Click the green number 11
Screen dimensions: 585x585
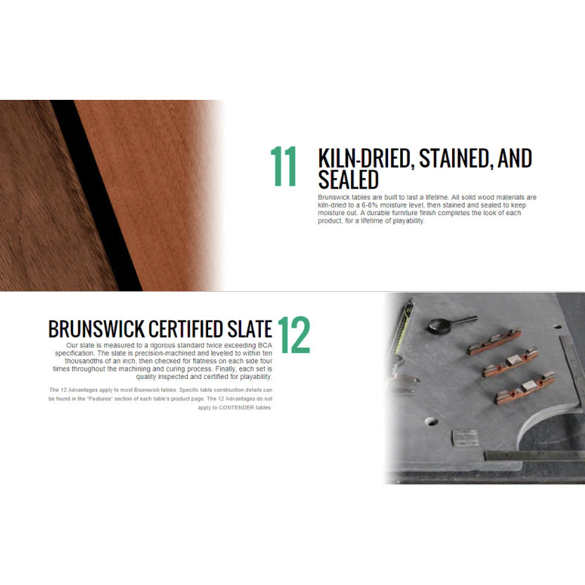(x=283, y=167)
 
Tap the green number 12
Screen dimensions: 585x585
(x=293, y=336)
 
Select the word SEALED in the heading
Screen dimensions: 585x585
(x=348, y=180)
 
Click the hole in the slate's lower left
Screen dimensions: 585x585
(x=430, y=423)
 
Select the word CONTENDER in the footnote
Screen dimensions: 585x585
(x=238, y=408)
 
